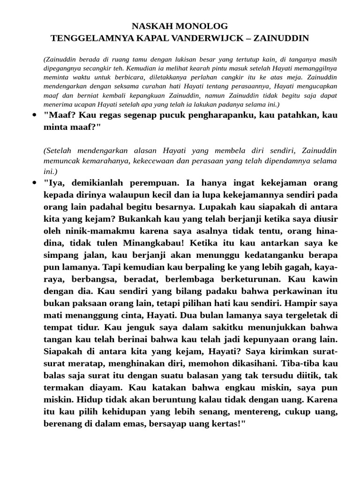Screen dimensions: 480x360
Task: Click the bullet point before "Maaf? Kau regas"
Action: coord(34,115)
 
